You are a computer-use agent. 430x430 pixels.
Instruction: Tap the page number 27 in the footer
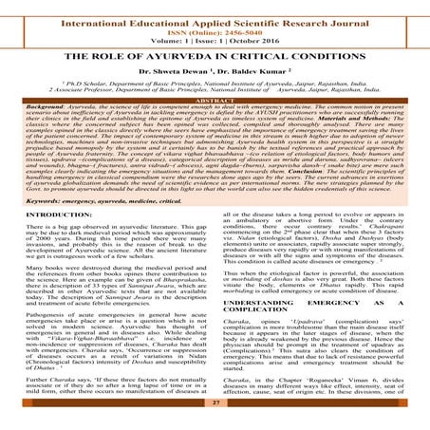click(215, 416)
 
